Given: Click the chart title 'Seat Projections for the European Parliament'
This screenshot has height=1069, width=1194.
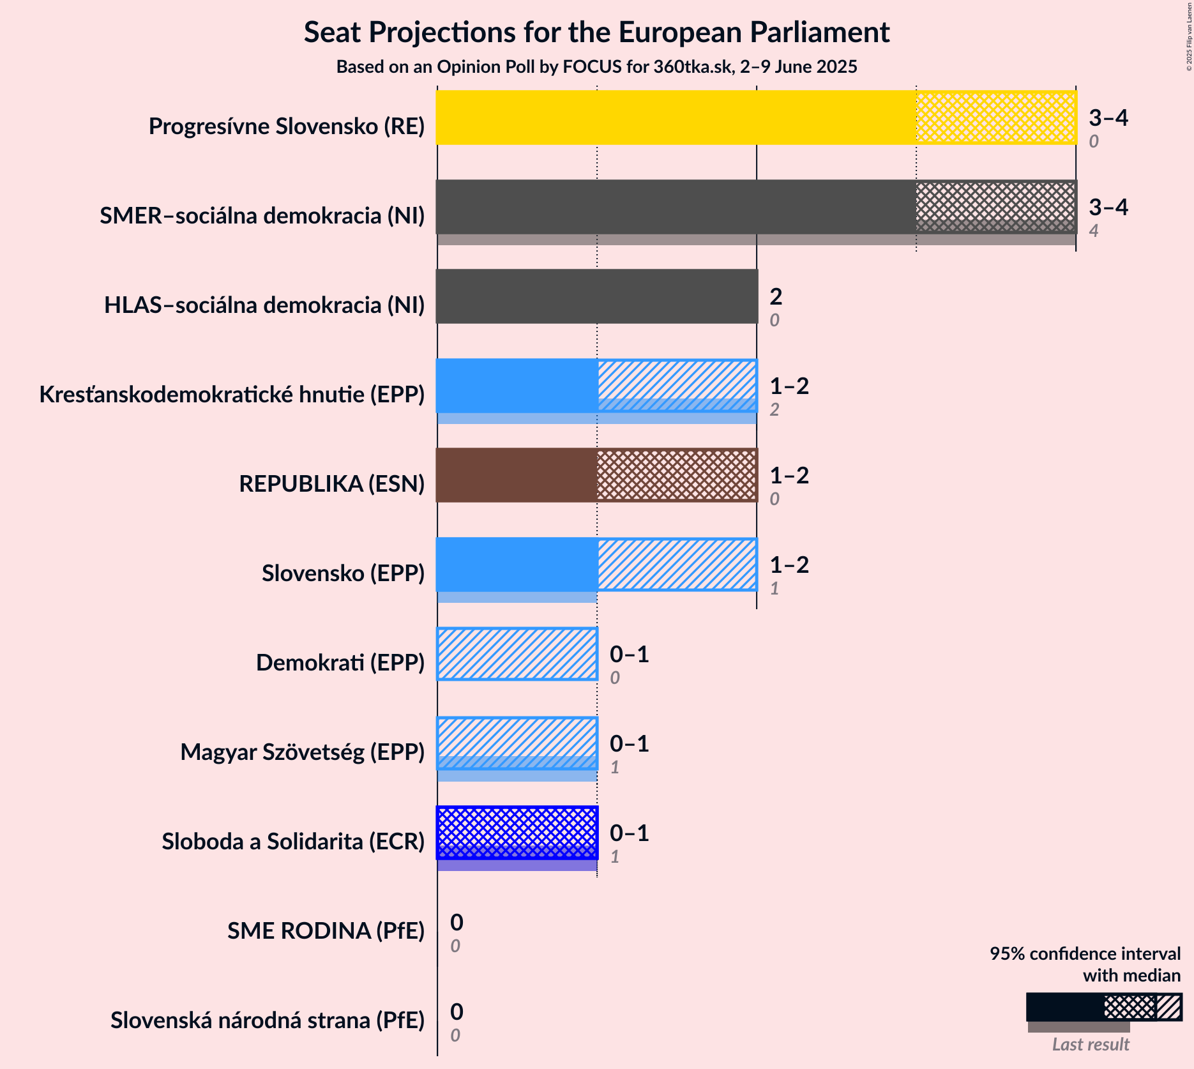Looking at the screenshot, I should coord(596,33).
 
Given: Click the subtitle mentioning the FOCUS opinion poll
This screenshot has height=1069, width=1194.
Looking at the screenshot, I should coord(596,67).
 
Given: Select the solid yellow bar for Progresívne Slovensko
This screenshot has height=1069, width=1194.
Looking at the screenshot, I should coord(676,118).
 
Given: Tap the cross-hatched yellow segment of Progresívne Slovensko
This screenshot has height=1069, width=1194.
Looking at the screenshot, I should coord(996,118).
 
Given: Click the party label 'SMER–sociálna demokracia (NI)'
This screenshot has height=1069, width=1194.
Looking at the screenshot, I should coord(262,216).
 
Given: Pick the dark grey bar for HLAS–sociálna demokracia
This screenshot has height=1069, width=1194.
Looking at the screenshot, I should coord(596,296).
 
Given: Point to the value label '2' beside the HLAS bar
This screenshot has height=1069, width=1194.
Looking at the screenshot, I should coord(776,296).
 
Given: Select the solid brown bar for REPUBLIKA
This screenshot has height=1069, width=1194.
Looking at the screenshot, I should coord(517,475).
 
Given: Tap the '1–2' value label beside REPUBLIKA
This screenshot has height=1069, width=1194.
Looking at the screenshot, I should coord(789,475).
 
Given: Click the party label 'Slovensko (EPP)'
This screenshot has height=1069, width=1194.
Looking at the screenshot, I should coord(343,573).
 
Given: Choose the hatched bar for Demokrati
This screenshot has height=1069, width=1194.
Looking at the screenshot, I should coord(517,654).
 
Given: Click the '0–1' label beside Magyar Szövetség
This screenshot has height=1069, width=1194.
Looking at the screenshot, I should coord(630,743).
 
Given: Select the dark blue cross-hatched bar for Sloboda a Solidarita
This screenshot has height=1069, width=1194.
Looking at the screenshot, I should coord(517,833).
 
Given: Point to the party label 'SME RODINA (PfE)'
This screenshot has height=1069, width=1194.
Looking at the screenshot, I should coord(326,931).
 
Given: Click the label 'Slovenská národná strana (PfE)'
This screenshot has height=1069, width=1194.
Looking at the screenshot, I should coord(268,1020).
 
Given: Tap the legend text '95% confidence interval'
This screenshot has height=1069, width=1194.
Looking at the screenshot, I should coord(1085,953).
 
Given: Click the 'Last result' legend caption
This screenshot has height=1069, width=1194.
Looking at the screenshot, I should coord(1091,1044).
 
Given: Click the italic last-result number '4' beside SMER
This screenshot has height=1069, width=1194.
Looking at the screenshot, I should coord(1094,231).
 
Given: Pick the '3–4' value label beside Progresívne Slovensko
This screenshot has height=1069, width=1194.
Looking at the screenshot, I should coord(1108,118).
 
